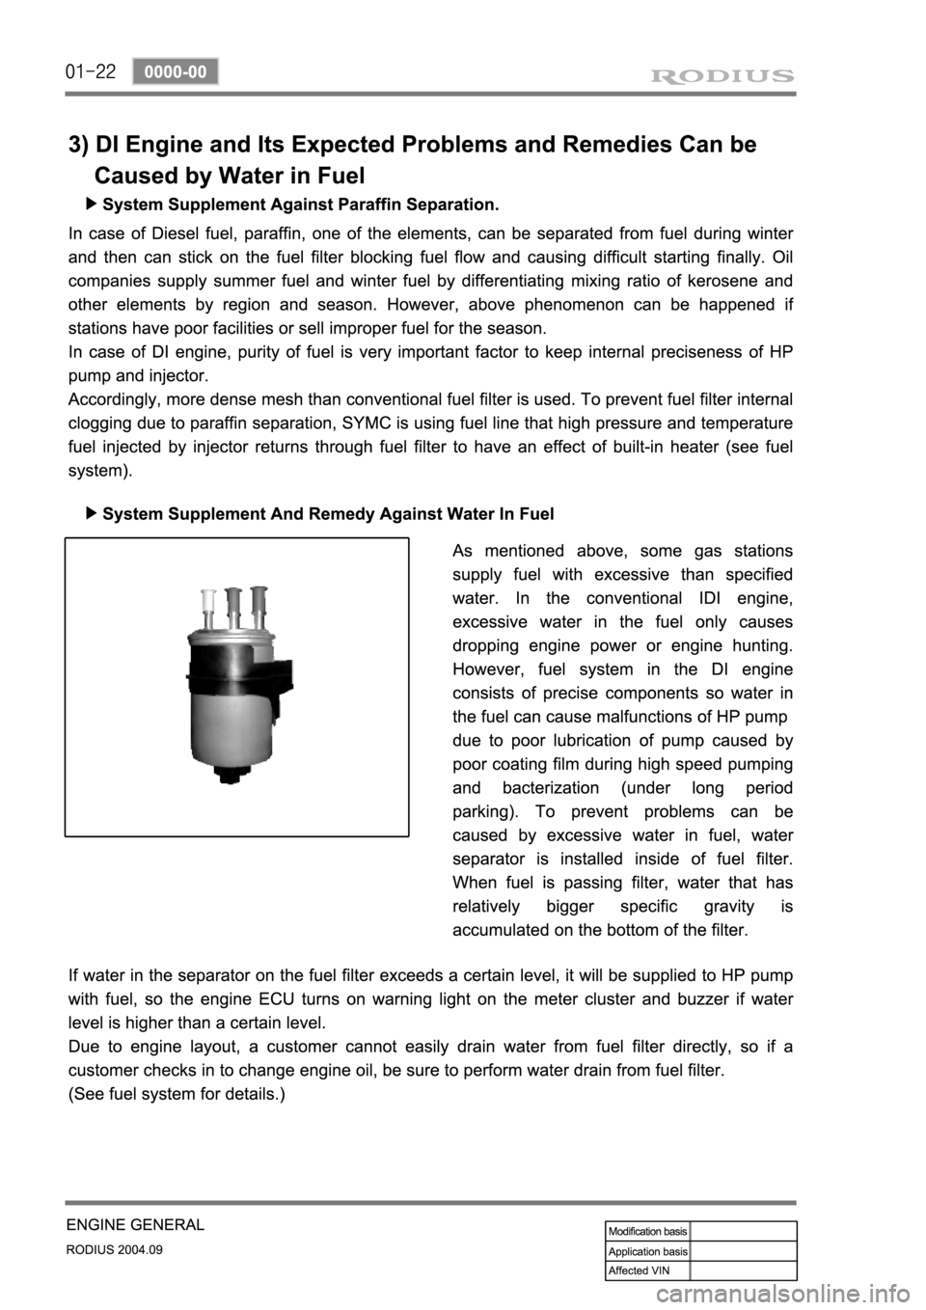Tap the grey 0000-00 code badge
(176, 71)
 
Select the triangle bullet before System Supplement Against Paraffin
(91, 205)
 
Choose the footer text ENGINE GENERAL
(135, 1224)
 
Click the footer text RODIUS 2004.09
(114, 1248)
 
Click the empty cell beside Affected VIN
(743, 1270)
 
